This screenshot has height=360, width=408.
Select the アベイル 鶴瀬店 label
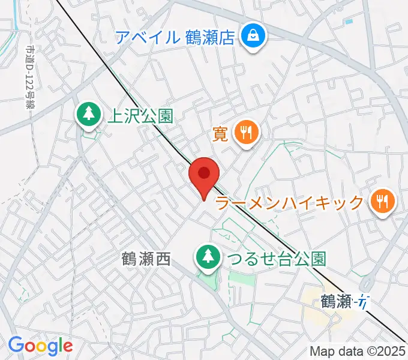pos(174,38)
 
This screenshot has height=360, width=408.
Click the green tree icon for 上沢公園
pos(88,114)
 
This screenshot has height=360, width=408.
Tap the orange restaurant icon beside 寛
pos(245,133)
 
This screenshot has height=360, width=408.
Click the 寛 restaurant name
pos(220,133)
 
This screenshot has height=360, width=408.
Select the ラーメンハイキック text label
pos(289,203)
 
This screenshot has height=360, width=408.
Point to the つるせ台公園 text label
pos(275,259)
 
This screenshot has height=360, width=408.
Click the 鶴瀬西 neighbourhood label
pos(146,259)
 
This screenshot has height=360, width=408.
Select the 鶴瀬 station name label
pos(335,301)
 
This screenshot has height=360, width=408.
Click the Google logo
pos(40,346)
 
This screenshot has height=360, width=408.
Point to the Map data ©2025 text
pos(358,351)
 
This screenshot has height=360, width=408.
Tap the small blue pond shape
pos(349,22)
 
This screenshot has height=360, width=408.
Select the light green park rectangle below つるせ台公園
pos(242,279)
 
